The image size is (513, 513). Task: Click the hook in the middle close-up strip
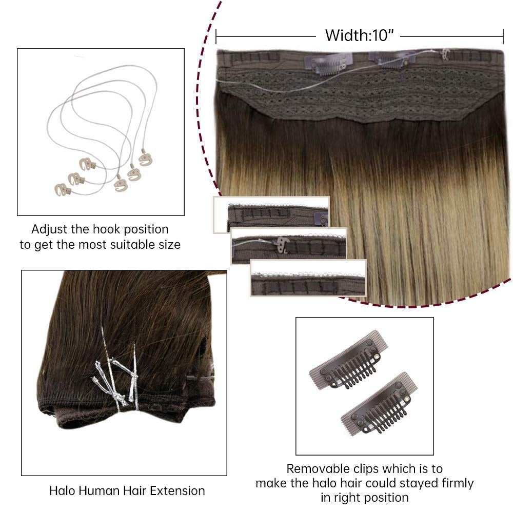click(x=282, y=245)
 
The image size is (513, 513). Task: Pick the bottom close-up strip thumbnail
click(x=308, y=278)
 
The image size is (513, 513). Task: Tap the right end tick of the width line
click(x=503, y=36)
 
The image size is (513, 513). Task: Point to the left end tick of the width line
click(x=216, y=36)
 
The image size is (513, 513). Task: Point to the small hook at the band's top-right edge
click(x=445, y=53)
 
